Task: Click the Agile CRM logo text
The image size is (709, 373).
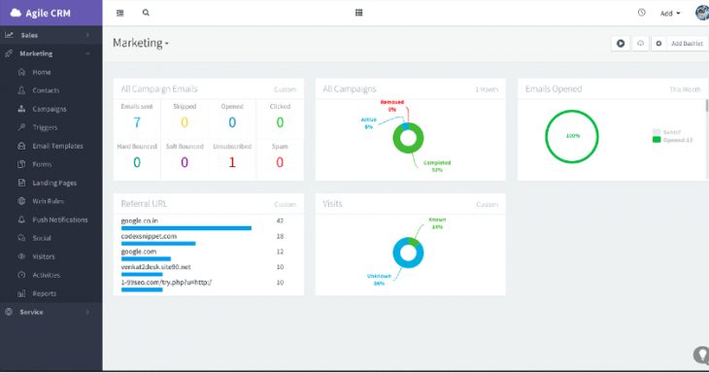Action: (51, 13)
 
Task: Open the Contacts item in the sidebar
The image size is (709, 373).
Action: (46, 90)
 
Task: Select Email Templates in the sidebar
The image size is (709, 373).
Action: (59, 146)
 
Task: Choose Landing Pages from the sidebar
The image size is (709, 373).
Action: (53, 183)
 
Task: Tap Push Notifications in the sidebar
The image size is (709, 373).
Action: (59, 220)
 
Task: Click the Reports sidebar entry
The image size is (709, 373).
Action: (44, 293)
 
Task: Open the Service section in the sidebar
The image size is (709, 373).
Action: (32, 312)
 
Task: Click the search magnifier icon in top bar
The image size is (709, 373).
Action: (146, 13)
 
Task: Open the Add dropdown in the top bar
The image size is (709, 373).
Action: (670, 14)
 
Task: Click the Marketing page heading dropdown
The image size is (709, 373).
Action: (141, 44)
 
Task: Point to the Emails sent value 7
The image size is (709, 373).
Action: (137, 122)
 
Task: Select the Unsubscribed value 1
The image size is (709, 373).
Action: (232, 162)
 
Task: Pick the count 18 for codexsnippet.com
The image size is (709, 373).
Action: (280, 236)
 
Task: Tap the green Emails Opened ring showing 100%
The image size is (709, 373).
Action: (572, 136)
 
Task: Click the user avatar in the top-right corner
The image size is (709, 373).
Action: (701, 13)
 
